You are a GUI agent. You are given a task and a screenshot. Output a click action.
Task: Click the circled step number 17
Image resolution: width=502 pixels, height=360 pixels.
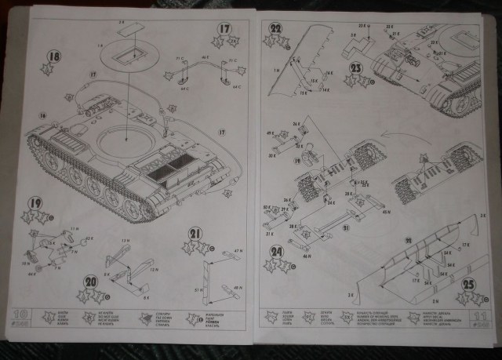click(225, 31)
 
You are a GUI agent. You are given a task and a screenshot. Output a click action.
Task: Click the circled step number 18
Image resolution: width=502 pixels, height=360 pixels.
click(53, 56)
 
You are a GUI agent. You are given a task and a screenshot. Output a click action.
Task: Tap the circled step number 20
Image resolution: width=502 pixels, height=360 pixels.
click(91, 282)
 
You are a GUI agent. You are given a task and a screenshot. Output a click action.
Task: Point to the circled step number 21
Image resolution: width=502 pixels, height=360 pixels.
click(195, 232)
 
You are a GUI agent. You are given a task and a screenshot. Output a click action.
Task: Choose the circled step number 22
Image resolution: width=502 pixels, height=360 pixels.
click(275, 29)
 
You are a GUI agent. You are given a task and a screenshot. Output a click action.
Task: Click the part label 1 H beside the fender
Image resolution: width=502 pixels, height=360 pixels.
click(277, 70)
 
